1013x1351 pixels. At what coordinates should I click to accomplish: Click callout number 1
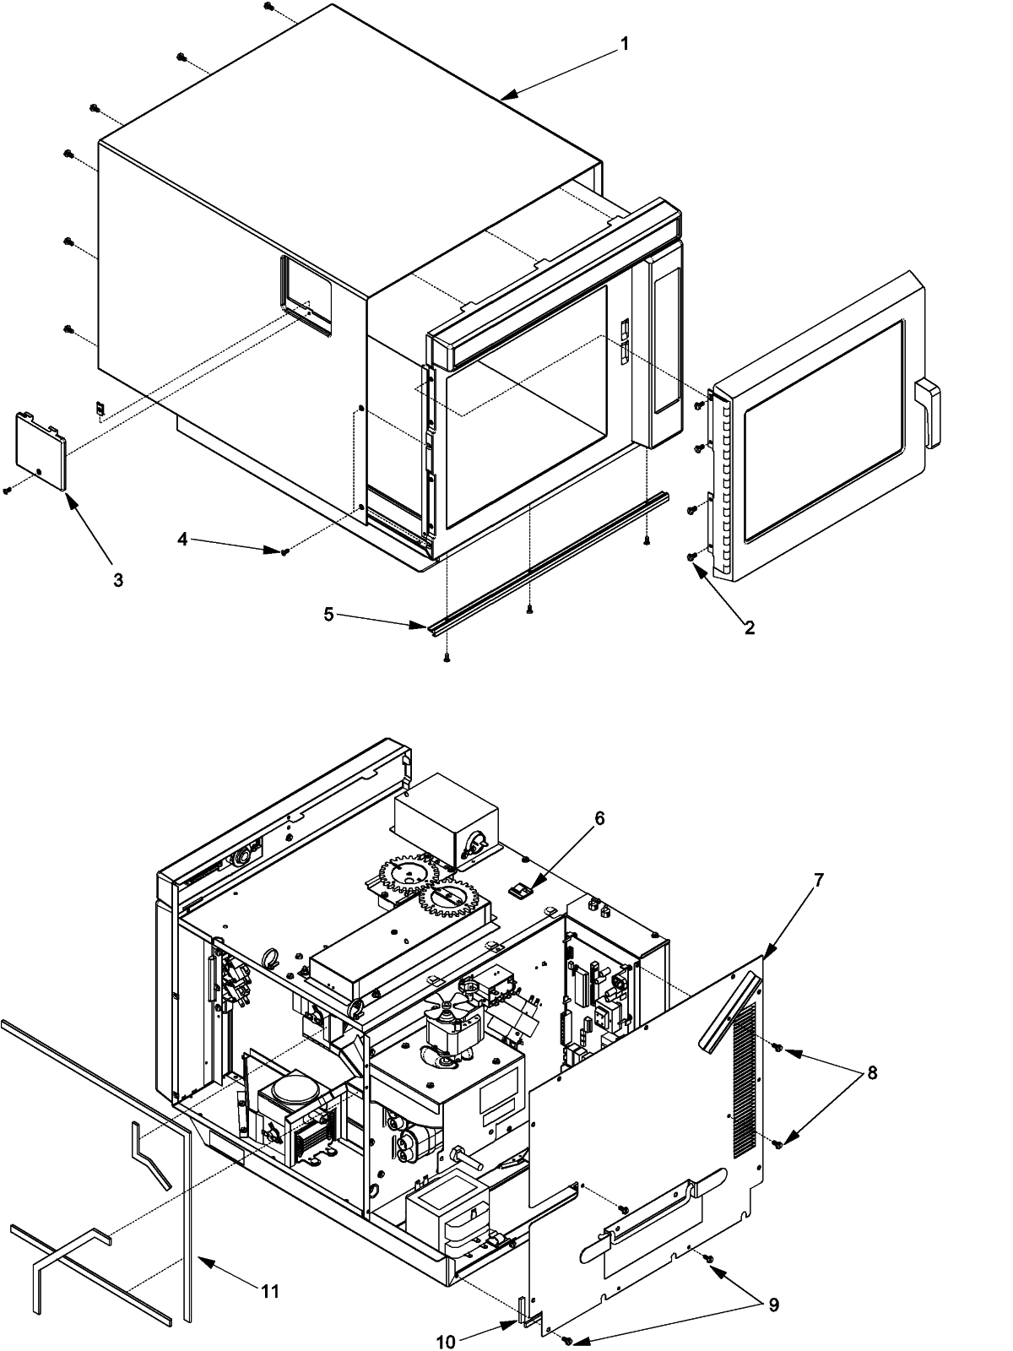point(624,43)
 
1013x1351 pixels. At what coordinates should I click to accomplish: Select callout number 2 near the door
point(749,627)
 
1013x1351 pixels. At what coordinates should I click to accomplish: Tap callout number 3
point(118,580)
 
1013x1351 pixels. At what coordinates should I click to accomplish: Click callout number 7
point(818,879)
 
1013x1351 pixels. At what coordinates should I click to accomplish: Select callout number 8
point(872,1073)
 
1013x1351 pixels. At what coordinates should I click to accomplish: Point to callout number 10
point(447,1341)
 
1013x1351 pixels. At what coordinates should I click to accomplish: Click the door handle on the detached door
point(929,412)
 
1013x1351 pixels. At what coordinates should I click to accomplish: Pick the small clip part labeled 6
point(520,889)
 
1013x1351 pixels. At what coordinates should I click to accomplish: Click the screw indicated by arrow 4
point(286,551)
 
